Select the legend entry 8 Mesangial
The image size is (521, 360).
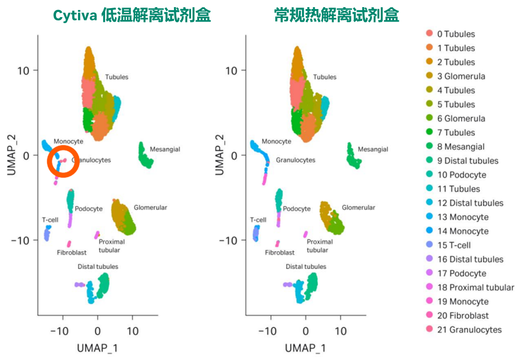click(x=461, y=146)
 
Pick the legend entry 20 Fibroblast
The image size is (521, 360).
click(x=463, y=315)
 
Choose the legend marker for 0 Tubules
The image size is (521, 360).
click(x=429, y=34)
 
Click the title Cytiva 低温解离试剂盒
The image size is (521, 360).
click(x=132, y=16)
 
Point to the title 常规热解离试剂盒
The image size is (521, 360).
click(x=337, y=16)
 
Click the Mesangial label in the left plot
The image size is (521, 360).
click(x=165, y=149)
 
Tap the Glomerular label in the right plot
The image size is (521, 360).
click(x=358, y=207)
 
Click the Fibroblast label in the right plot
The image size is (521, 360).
click(x=280, y=253)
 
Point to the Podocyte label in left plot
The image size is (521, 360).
click(x=89, y=209)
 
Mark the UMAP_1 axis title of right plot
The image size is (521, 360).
click(x=305, y=348)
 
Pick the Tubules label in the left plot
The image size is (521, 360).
click(x=116, y=77)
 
